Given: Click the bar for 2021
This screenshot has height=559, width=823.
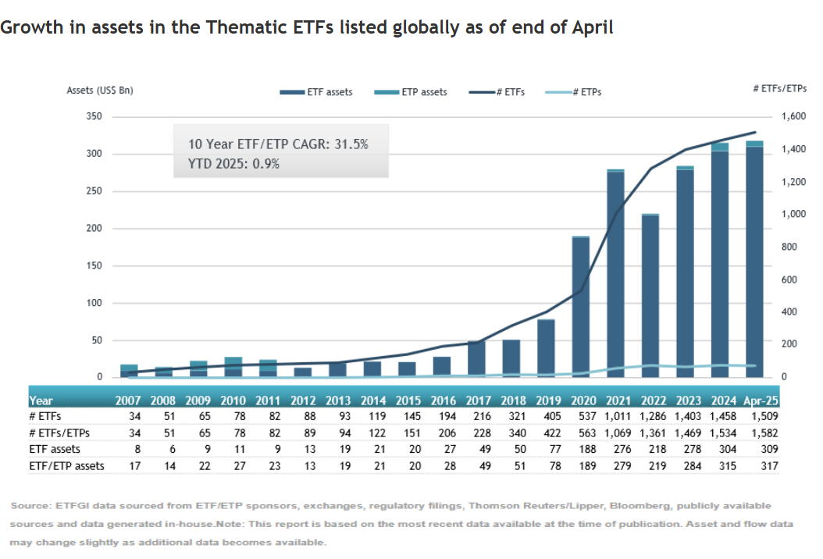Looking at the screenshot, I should pos(615,273).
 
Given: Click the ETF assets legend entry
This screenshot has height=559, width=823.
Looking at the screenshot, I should pos(316,92).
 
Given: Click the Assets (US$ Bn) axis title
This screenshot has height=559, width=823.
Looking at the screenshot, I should pos(100,91).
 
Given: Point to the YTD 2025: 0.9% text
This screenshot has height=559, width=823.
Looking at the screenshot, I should pos(233,164).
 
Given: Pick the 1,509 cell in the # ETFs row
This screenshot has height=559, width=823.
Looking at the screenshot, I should pos(763,417).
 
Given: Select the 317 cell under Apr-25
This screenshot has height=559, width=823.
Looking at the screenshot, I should pos(766,466).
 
